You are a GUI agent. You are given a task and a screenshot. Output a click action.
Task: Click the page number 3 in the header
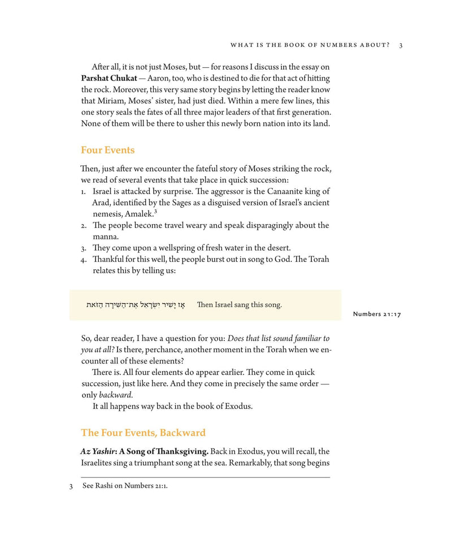point(401,45)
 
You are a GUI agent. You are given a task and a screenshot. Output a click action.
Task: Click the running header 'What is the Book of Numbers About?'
point(311,45)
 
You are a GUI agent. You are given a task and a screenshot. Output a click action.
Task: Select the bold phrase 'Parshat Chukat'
point(109,78)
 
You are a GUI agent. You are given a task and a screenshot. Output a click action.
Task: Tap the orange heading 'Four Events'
point(107,150)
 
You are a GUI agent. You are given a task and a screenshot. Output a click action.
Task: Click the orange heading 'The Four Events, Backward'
point(143,433)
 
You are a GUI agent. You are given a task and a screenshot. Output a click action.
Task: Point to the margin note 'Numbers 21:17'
point(377,314)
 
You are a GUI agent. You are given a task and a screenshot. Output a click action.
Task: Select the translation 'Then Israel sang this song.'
point(239,305)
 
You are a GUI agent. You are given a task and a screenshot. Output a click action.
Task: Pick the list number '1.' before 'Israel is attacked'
point(84,191)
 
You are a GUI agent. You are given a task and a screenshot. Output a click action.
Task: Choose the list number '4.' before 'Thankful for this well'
point(84,259)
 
